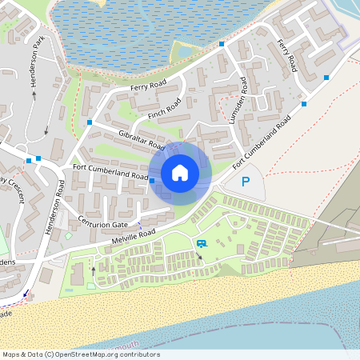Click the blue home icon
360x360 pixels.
[x=180, y=172]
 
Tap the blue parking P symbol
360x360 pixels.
[x=246, y=182]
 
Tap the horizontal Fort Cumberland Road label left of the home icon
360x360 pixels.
[x=110, y=171]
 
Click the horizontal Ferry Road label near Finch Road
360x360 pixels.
[x=146, y=86]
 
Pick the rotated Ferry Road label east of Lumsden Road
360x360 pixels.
[x=286, y=52]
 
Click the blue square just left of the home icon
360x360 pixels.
[x=152, y=181]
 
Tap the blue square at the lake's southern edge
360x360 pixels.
[x=222, y=44]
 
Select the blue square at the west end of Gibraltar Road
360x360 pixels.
[x=90, y=122]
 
